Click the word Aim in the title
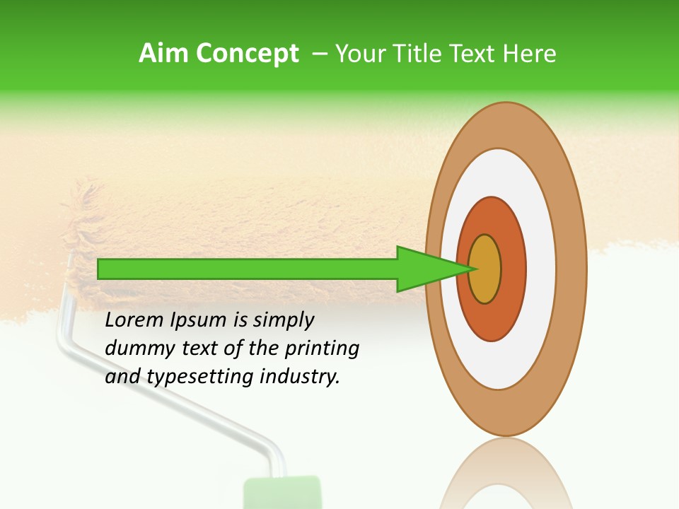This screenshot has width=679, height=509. pos(163,54)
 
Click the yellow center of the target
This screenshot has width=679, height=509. pos(484,269)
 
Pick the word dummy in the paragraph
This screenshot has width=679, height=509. pos(134,349)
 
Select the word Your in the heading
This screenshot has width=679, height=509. pos(358,54)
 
